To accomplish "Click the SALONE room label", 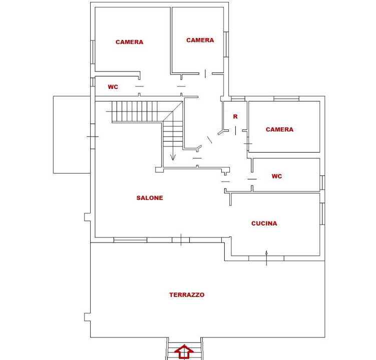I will [x=150, y=198].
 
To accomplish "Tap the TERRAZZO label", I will [x=187, y=295].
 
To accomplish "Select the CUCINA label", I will [x=264, y=223].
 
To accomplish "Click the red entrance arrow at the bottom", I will [x=184, y=352].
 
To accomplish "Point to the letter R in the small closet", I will [x=235, y=116].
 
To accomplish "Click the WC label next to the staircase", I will [x=113, y=87].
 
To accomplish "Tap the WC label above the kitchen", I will [x=277, y=176].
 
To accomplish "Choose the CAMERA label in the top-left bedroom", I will [x=129, y=42].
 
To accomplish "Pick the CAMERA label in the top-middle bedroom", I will [x=200, y=40].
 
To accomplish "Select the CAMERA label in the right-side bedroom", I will [x=279, y=129].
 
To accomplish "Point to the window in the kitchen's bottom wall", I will [x=266, y=258].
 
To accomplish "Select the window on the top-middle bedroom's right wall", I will [x=226, y=44].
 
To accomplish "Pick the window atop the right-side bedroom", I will [x=286, y=99].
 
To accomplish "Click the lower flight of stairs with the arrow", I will [x=172, y=135].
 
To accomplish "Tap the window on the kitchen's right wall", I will [x=322, y=213].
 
